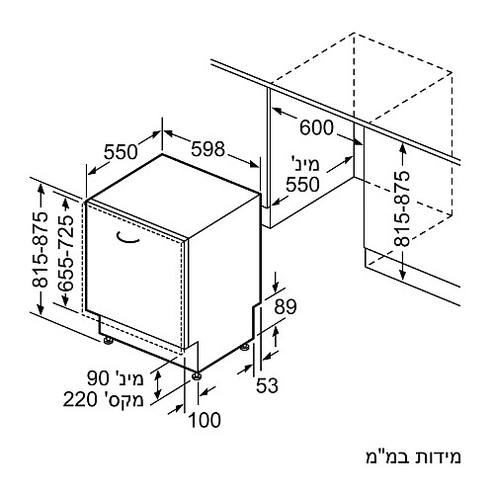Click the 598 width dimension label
click(x=207, y=149)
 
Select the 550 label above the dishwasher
click(x=121, y=152)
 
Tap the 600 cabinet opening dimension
click(x=316, y=127)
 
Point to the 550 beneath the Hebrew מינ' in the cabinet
click(x=302, y=184)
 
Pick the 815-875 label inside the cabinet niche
click(x=402, y=208)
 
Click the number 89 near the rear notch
click(x=286, y=307)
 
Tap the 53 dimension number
click(x=267, y=385)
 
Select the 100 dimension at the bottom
click(x=205, y=420)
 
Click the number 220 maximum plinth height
click(x=80, y=400)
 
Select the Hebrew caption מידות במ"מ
click(x=413, y=457)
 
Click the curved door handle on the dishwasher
click(x=128, y=238)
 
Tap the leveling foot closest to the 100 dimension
click(x=197, y=376)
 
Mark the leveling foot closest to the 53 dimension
click(x=244, y=347)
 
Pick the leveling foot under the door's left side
click(x=108, y=341)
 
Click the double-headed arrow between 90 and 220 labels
click(x=158, y=384)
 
